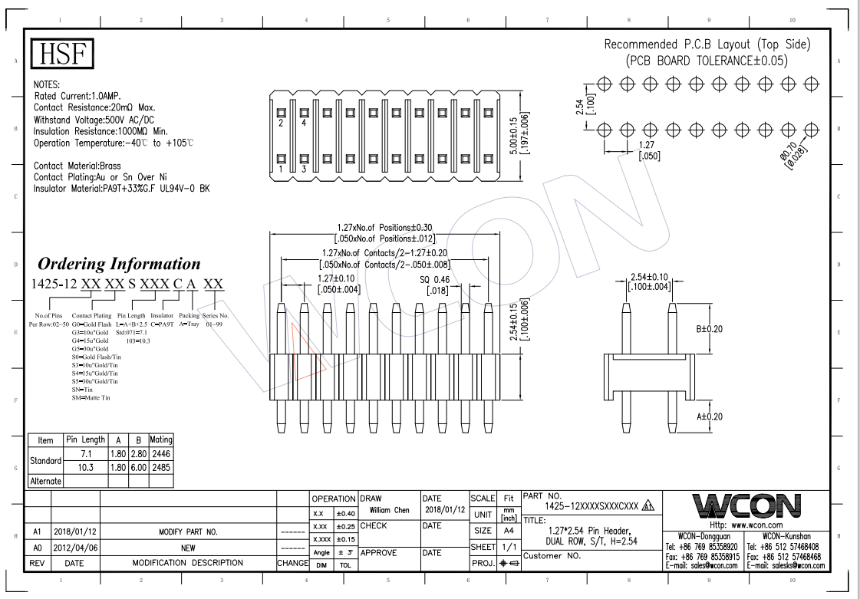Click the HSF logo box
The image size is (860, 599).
pos(62,54)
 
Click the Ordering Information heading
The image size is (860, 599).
pos(119,264)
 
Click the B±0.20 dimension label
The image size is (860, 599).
pos(710,329)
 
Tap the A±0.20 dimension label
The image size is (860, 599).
pos(710,416)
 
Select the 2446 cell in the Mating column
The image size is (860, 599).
pos(162,454)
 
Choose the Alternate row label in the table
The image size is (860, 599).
pos(45,481)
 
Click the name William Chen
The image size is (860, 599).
pos(389,510)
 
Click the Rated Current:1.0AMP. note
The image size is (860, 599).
pos(83,96)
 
